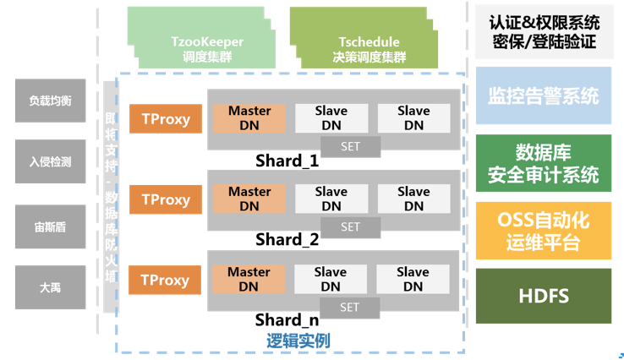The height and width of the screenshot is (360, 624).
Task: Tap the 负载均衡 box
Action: (50, 101)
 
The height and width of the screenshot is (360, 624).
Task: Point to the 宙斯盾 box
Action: (50, 225)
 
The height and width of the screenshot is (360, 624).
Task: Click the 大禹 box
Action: (50, 287)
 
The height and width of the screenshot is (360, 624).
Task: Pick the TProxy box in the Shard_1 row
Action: (166, 119)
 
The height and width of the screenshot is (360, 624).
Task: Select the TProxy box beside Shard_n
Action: (164, 280)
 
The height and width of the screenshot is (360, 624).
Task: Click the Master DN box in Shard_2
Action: (249, 199)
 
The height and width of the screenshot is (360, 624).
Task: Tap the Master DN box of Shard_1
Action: (249, 117)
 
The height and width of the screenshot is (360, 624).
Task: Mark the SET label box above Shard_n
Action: (350, 308)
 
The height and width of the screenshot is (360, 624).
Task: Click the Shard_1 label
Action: (287, 161)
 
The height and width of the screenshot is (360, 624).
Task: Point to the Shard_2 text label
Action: (287, 240)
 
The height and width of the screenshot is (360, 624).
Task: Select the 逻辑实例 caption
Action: (298, 341)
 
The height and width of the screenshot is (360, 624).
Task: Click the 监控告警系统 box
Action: (543, 95)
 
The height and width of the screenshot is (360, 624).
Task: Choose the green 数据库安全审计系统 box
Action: (543, 163)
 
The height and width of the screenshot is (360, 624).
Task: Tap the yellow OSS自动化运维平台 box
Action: (543, 231)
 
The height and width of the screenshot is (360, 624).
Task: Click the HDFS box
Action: (543, 297)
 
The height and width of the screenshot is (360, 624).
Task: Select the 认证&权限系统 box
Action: (543, 30)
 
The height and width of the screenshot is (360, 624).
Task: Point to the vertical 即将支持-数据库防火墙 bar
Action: (110, 203)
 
